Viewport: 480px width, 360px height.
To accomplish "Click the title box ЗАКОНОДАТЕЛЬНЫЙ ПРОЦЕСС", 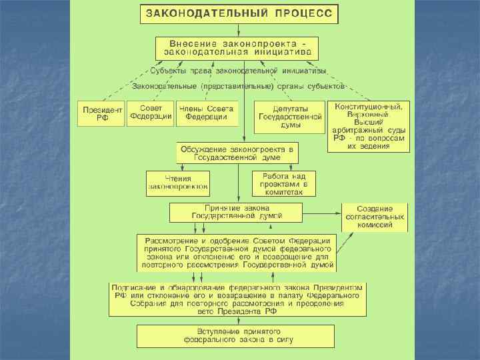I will [x=239, y=13].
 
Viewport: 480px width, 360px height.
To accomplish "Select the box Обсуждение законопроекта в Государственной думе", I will [x=237, y=152].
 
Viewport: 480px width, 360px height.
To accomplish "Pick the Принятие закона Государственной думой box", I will [x=237, y=212].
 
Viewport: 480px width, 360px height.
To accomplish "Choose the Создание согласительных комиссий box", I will [x=375, y=217].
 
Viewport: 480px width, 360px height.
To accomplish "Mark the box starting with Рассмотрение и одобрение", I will [x=237, y=251].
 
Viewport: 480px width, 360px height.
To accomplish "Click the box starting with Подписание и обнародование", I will [x=237, y=299].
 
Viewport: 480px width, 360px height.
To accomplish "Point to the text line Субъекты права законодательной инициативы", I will [x=238, y=70].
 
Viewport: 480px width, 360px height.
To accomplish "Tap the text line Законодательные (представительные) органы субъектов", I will [x=238, y=86].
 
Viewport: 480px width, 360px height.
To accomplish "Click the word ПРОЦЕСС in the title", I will [x=302, y=13].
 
